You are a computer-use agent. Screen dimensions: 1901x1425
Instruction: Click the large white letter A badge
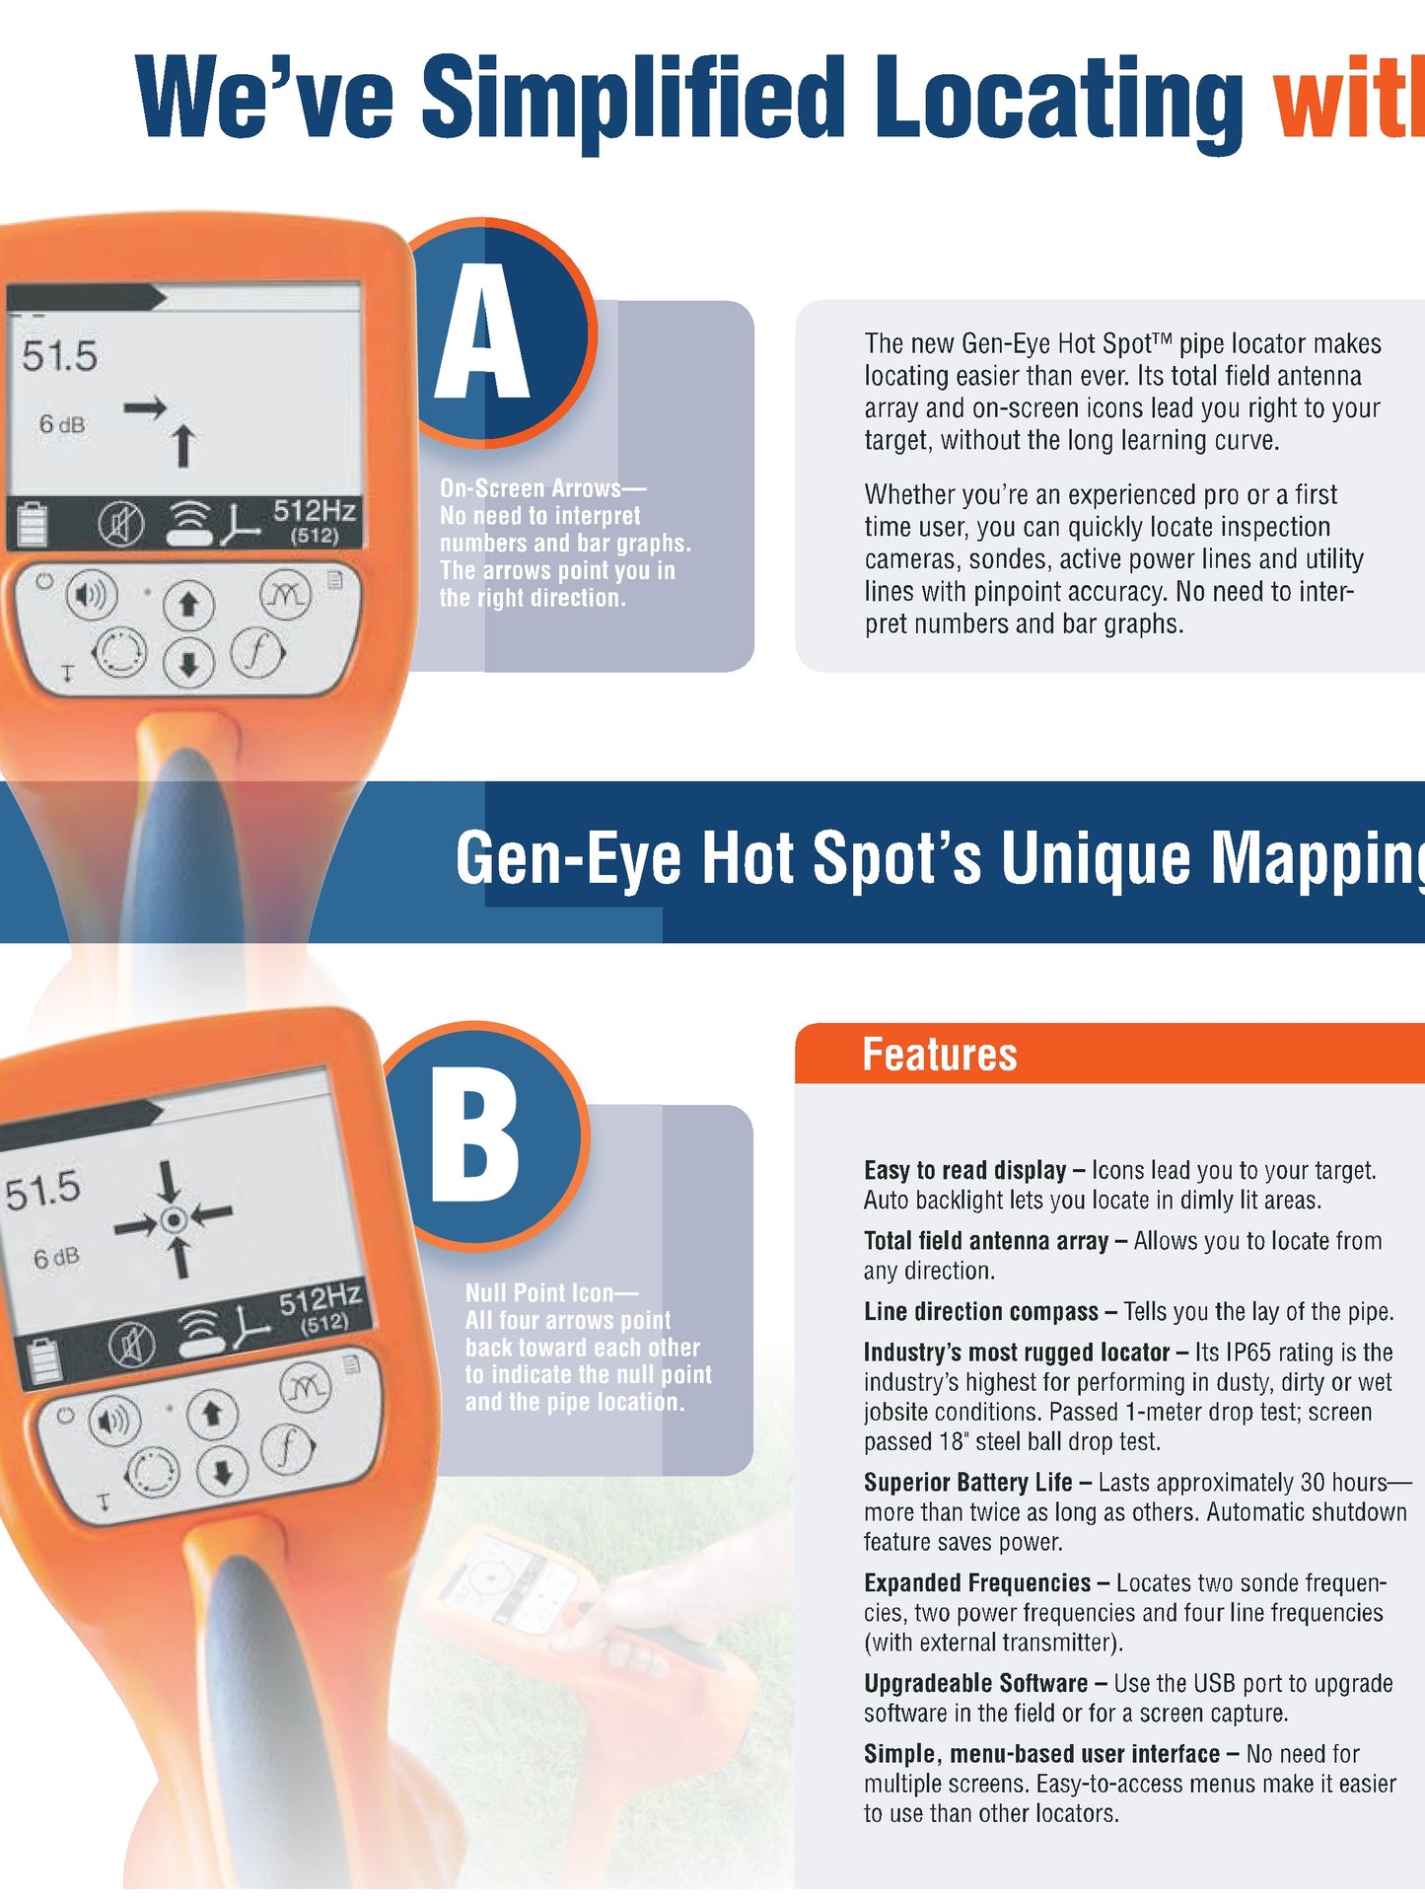[482, 333]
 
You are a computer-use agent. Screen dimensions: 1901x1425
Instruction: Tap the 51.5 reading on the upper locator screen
[60, 356]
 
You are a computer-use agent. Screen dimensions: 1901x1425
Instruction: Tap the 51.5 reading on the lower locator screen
[42, 1191]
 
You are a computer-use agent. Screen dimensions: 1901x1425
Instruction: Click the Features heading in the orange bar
[939, 1054]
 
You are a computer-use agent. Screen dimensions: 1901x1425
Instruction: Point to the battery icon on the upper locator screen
[32, 525]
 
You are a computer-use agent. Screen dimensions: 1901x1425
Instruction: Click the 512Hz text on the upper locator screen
[314, 511]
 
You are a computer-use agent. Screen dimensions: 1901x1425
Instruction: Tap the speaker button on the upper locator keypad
[91, 594]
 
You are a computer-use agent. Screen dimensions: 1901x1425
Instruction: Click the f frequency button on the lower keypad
[287, 1447]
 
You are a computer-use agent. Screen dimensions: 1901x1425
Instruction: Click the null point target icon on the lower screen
[175, 1220]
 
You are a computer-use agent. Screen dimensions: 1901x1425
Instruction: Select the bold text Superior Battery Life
[967, 1482]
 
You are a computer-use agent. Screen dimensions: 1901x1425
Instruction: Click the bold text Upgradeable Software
[975, 1683]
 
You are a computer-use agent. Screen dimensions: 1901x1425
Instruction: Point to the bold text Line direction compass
[980, 1311]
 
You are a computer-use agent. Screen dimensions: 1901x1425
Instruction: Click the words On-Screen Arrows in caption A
[530, 488]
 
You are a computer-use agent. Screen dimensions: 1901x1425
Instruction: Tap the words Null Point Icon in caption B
[539, 1292]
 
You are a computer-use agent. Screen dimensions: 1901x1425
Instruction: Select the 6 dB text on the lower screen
[56, 1259]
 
